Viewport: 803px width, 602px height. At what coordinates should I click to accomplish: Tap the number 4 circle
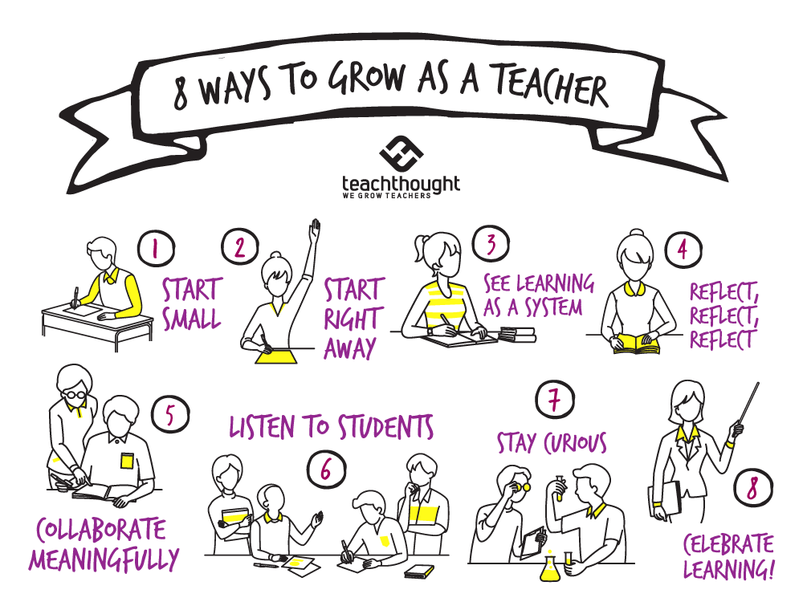pyautogui.click(x=682, y=250)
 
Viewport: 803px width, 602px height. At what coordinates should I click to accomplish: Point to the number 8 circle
pyautogui.click(x=752, y=488)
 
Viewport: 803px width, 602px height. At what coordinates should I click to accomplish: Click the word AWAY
pyautogui.click(x=351, y=347)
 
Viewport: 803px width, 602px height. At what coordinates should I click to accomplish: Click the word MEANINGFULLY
pyautogui.click(x=104, y=559)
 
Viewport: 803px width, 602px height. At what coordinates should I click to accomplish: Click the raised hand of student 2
pyautogui.click(x=315, y=229)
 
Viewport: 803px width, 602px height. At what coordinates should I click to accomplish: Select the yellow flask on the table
pyautogui.click(x=550, y=568)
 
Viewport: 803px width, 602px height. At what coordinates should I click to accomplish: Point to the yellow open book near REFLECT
pyautogui.click(x=637, y=344)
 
